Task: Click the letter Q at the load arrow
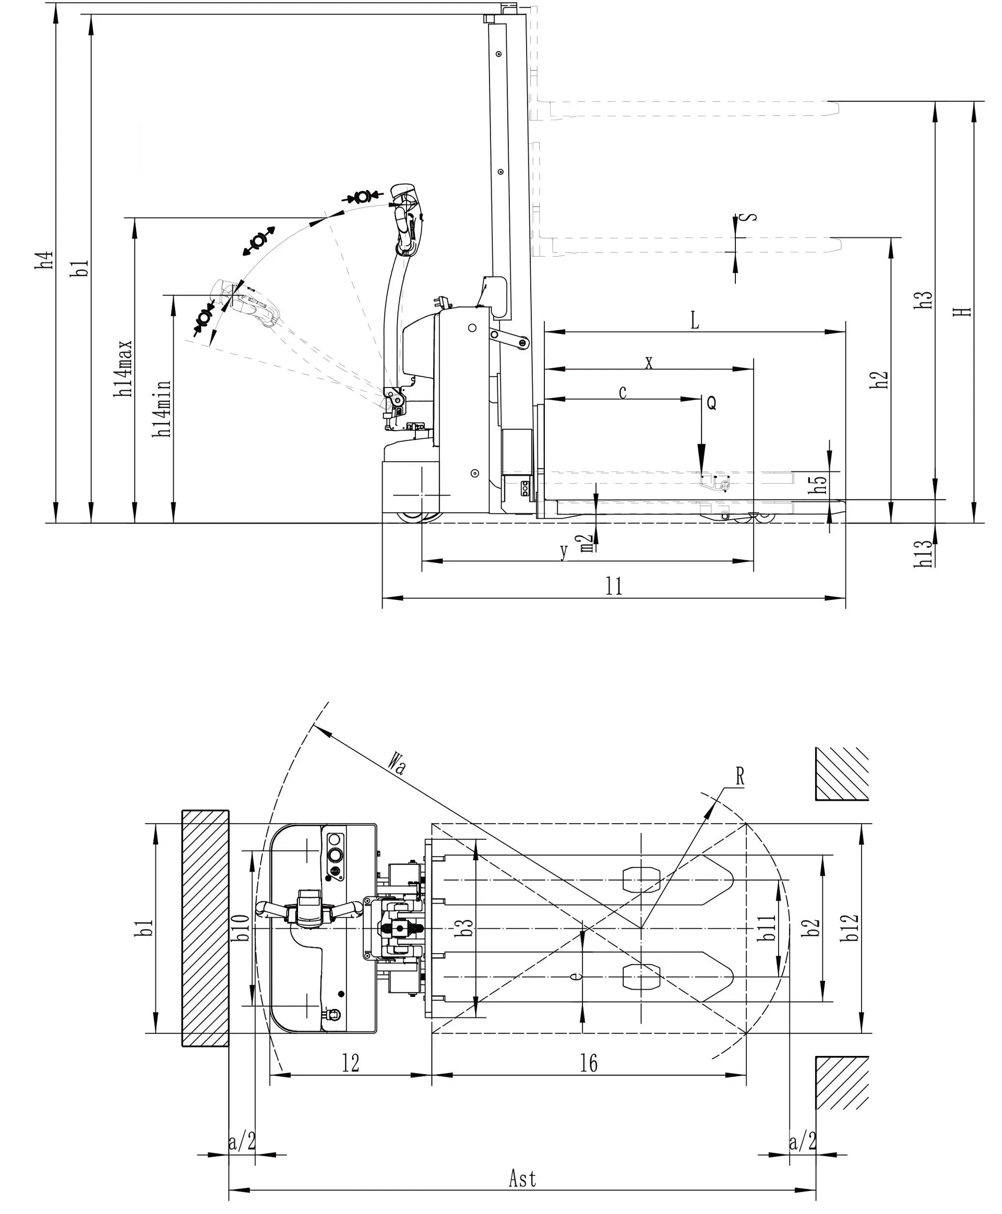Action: coord(711,403)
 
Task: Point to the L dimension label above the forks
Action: coord(695,321)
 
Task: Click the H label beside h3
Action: coord(965,311)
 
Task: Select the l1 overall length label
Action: coord(614,587)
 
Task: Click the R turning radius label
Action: coord(740,777)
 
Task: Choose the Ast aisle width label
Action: coord(522,1178)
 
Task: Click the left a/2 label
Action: coord(242,1141)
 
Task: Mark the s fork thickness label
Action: coord(748,218)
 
